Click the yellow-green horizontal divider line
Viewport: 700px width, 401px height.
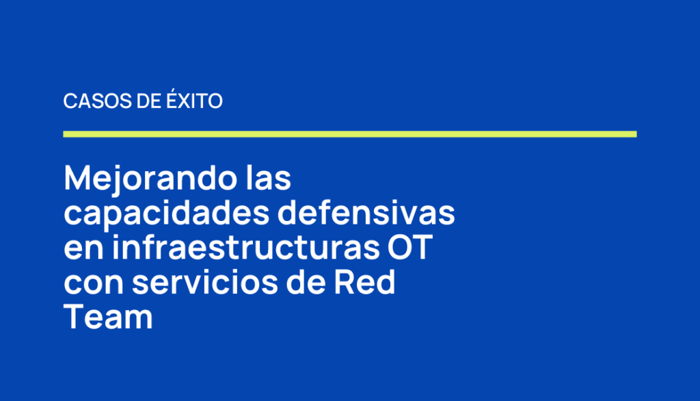pos(350,134)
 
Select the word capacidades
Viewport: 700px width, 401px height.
pos(167,214)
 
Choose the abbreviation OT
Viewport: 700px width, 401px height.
pos(410,247)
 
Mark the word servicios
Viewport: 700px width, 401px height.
pos(205,282)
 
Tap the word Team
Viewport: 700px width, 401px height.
pos(108,317)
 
